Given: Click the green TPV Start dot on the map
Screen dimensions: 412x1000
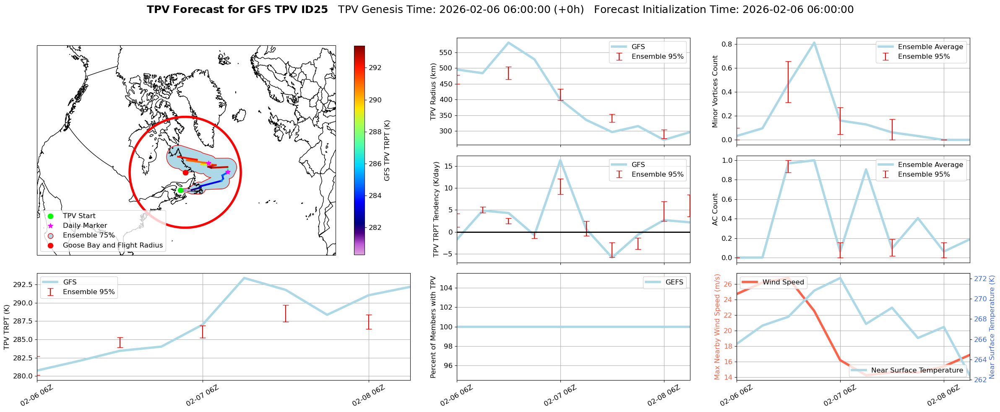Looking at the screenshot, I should tap(180, 190).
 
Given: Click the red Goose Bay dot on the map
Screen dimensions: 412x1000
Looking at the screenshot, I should tap(185, 172).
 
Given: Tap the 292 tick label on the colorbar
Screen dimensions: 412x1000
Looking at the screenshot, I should tap(375, 68).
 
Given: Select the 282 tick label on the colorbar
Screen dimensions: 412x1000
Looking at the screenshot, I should tap(375, 227).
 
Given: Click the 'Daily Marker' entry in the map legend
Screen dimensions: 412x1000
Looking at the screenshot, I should tap(85, 225).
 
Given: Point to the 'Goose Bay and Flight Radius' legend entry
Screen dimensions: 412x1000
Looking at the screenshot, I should tap(112, 245).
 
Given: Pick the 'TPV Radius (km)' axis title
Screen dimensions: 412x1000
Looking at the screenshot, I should tap(433, 91).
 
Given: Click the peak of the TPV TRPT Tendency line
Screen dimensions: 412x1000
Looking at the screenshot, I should tap(560, 160).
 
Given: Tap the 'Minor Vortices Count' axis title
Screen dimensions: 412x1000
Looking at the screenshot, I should tap(715, 91).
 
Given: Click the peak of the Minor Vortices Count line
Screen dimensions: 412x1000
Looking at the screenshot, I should tap(814, 42).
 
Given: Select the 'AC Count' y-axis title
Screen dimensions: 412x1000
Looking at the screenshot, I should tap(715, 209).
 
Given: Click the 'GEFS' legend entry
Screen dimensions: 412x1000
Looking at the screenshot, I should tap(674, 282).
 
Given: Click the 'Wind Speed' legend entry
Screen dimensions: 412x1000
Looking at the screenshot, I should tap(783, 282).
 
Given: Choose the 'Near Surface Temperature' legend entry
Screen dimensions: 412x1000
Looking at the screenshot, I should tap(917, 370).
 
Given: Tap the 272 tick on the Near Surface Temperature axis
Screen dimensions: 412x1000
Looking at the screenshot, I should tap(980, 279).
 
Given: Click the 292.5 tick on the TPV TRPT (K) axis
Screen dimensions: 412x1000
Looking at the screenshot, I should tap(23, 285).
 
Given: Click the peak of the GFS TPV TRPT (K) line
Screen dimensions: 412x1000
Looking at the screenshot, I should tap(244, 278).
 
